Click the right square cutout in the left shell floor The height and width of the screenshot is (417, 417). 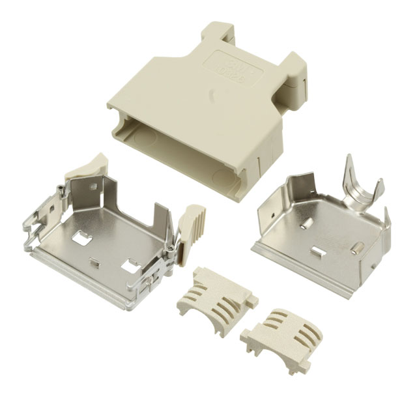click(x=130, y=266)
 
